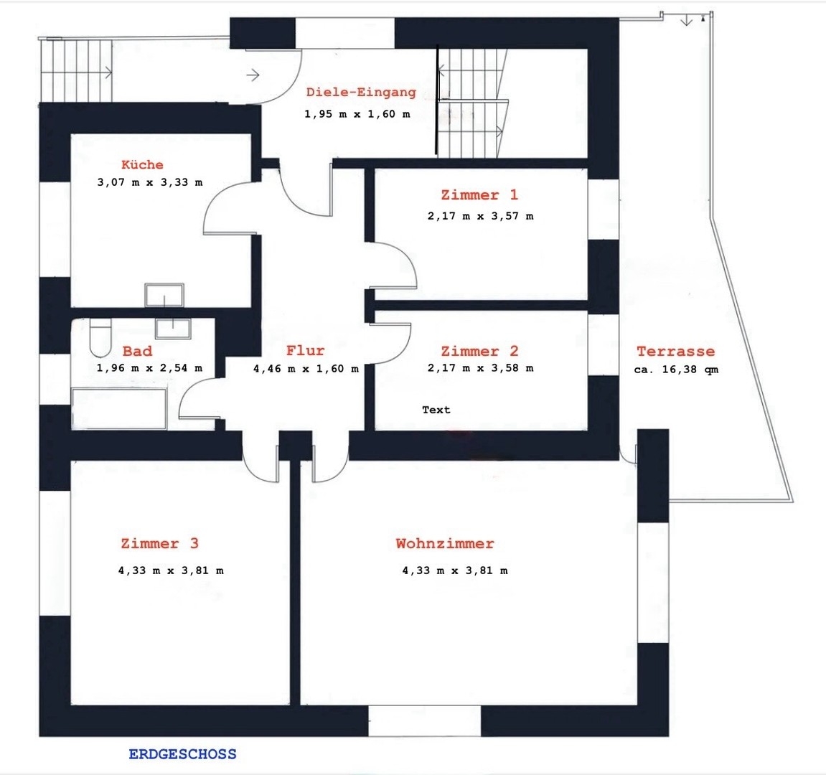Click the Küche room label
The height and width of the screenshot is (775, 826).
tap(142, 164)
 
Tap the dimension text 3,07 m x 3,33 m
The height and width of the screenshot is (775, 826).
tap(150, 183)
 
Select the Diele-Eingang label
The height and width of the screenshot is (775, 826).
tap(362, 93)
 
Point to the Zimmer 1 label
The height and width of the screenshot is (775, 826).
tap(480, 195)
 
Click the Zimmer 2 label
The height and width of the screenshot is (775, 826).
tap(480, 351)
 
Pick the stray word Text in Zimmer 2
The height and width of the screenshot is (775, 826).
tap(436, 410)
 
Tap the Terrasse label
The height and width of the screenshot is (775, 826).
tap(676, 351)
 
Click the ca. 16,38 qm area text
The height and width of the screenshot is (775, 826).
tap(677, 370)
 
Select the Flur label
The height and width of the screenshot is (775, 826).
tap(306, 350)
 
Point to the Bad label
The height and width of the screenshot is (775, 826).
tap(138, 351)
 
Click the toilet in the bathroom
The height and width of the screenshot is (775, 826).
tap(100, 338)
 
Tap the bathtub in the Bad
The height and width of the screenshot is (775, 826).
tap(119, 409)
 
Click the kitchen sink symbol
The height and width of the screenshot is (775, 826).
tap(164, 295)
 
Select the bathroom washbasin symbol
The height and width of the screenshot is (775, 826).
tap(173, 329)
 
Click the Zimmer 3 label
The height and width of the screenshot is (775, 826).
tap(159, 543)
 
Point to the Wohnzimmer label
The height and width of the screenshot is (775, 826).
tap(445, 543)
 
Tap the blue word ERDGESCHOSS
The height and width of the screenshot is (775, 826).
tap(183, 754)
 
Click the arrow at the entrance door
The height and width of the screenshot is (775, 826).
tap(253, 75)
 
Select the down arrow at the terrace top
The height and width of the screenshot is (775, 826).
tap(686, 20)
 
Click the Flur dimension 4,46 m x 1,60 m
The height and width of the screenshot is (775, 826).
tap(306, 369)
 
